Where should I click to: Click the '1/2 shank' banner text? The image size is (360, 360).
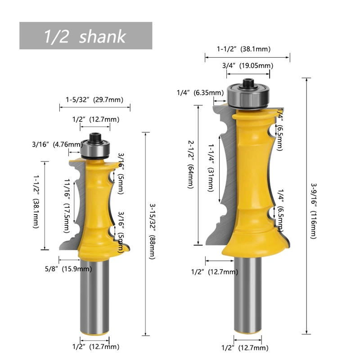(x=85, y=36)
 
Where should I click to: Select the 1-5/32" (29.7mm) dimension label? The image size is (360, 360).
(x=94, y=99)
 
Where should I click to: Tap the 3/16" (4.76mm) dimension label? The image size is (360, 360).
(x=58, y=144)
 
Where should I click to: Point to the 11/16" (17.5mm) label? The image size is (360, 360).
(x=67, y=206)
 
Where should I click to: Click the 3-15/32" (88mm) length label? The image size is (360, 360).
(x=153, y=231)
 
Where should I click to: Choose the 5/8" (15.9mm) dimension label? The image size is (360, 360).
(x=68, y=269)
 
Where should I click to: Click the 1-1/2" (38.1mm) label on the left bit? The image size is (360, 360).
(x=36, y=202)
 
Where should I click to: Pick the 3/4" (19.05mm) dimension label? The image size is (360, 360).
(x=248, y=66)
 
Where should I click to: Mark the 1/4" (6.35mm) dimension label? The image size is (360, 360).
(x=200, y=93)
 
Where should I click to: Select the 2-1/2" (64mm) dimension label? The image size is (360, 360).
(x=191, y=165)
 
